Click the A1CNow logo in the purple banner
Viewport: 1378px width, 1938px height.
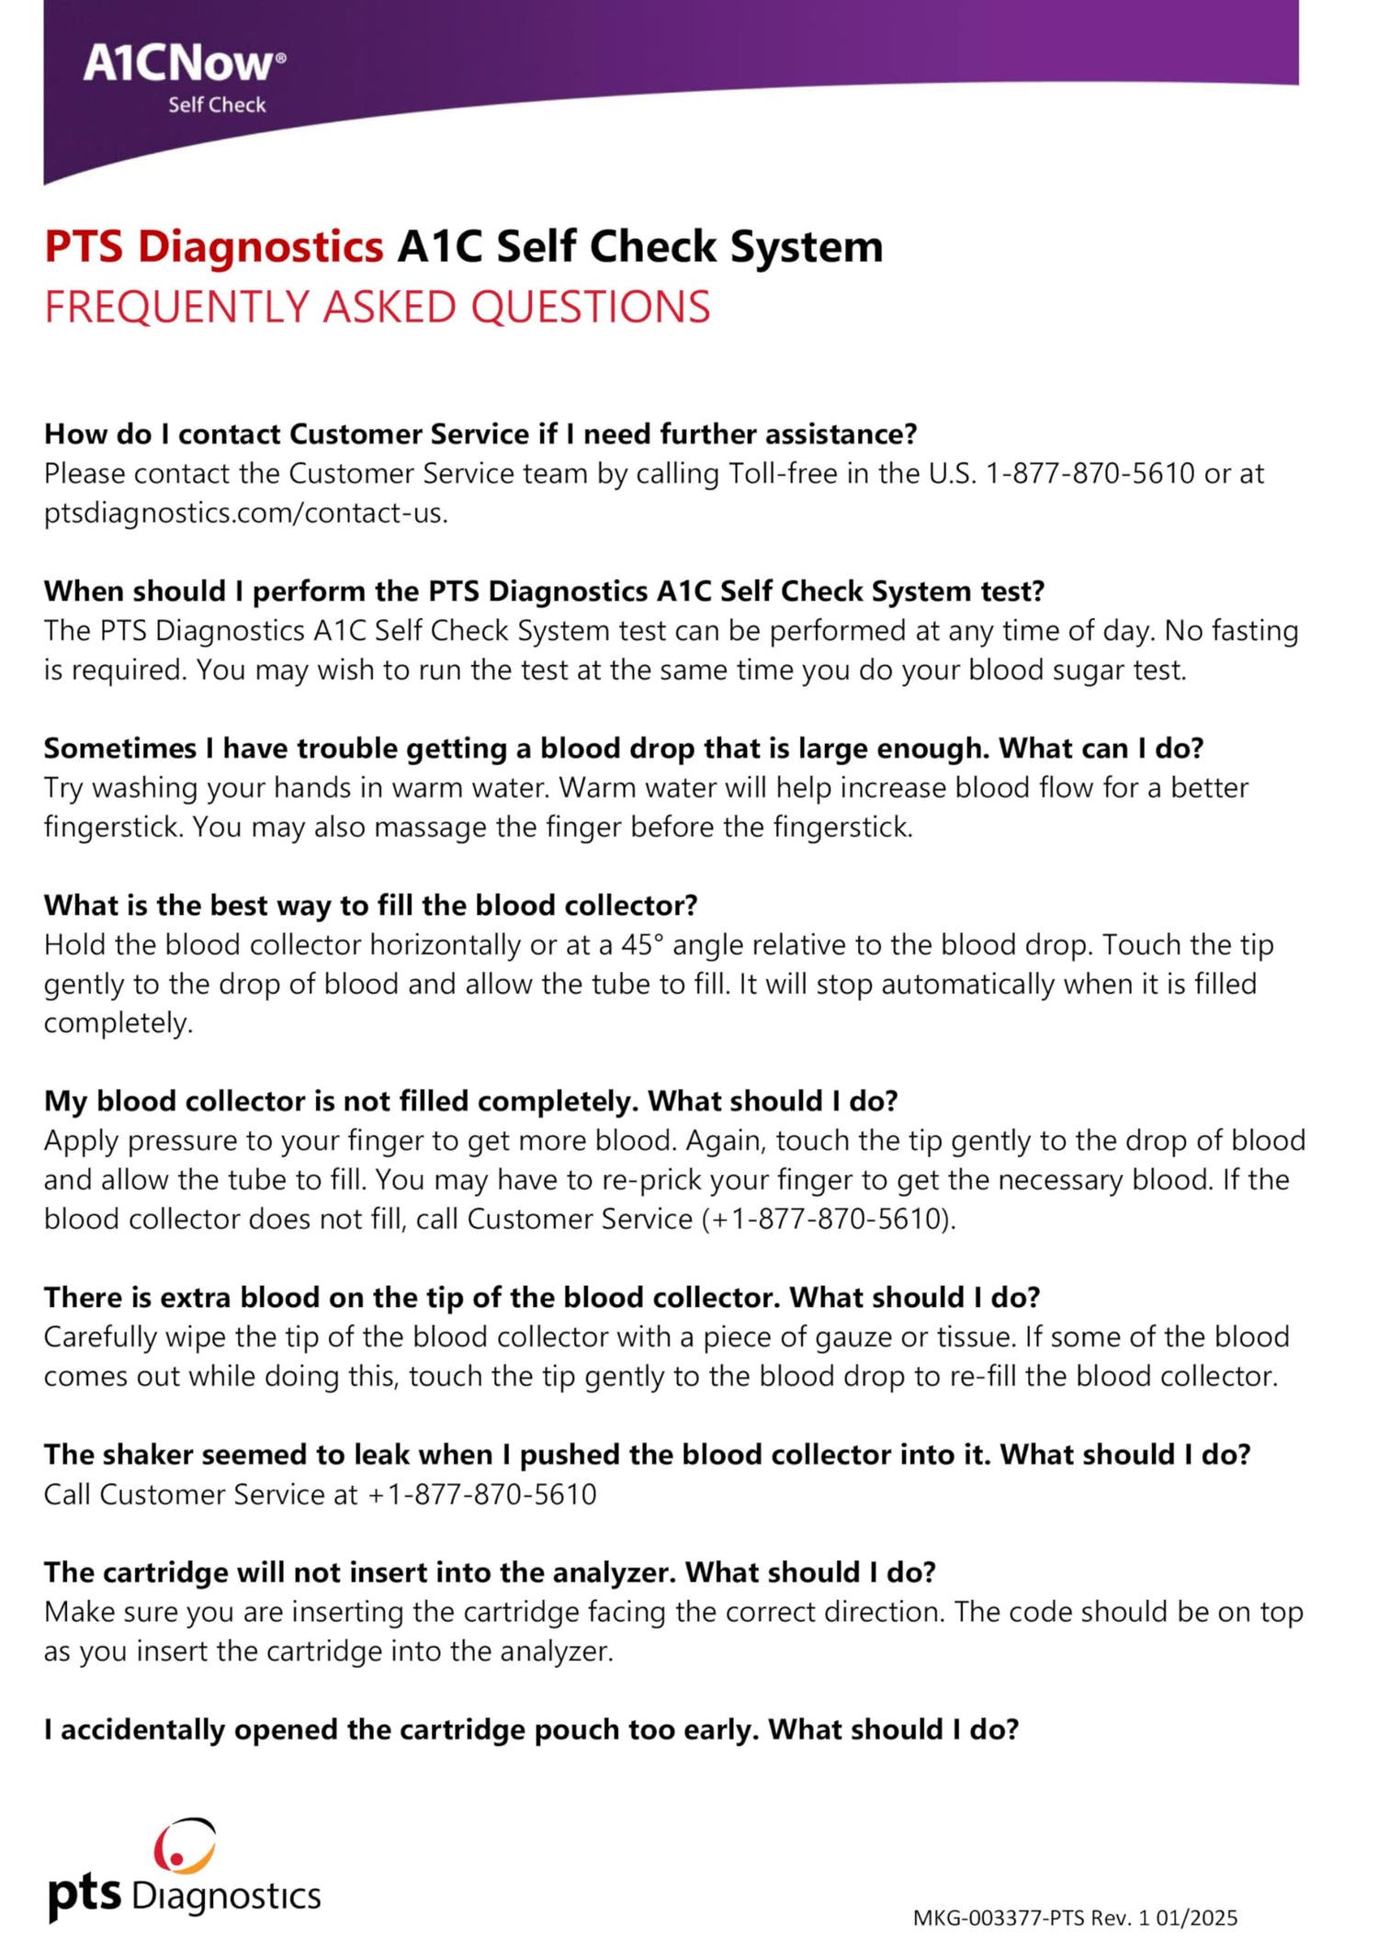184,64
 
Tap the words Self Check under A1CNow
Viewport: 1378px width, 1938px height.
217,106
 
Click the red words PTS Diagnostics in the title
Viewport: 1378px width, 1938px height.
213,247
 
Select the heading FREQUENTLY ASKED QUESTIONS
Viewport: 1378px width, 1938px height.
377,308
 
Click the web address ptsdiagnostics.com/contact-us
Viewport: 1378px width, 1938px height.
245,513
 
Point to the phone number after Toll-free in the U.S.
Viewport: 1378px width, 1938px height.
1090,474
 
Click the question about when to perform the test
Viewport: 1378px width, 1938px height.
544,592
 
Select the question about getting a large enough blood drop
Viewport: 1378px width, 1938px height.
623,749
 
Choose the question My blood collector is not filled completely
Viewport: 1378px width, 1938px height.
470,1101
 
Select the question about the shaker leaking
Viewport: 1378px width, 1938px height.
647,1455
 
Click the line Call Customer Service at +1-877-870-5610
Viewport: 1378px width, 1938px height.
320,1494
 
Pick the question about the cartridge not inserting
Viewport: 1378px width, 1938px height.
489,1572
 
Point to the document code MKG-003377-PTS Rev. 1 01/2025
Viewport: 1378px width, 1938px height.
1075,1918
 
